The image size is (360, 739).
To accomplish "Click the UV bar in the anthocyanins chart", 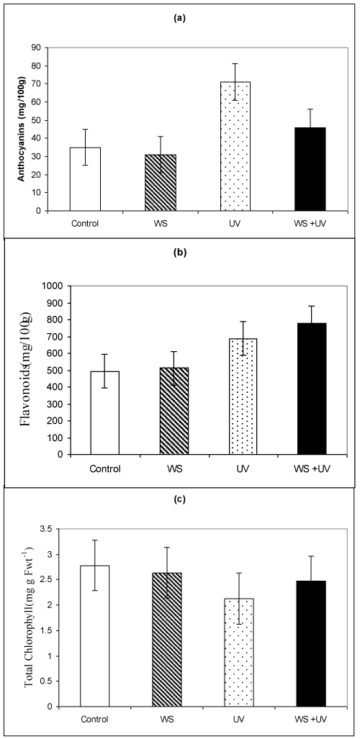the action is click(x=235, y=146).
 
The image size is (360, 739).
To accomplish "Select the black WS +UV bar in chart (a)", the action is click(x=310, y=168).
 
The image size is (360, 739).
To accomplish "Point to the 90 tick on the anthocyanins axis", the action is click(x=48, y=47).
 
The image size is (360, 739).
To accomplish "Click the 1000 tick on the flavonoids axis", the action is click(x=55, y=286).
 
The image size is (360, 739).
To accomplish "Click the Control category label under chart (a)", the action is click(x=85, y=223).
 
